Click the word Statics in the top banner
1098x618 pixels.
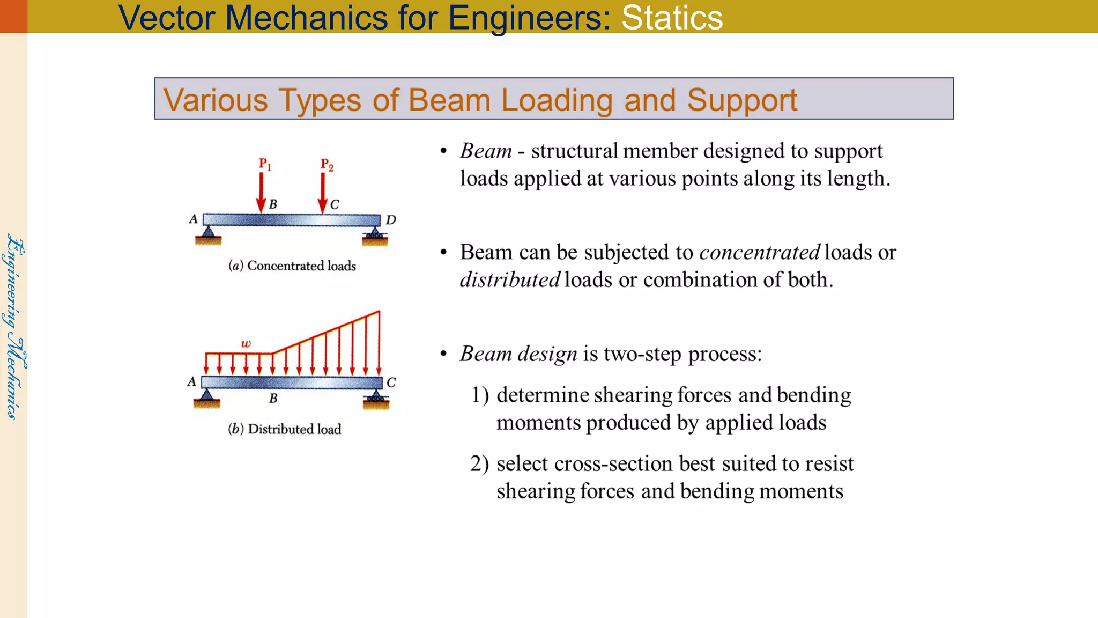672,17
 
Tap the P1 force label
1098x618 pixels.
265,164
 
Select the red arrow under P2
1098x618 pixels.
322,193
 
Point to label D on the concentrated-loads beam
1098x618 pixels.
391,220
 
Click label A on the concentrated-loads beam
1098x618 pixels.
194,219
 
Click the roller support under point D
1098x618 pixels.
375,236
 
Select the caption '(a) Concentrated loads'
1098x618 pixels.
292,266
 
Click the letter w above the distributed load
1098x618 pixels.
246,343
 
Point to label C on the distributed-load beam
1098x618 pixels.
391,382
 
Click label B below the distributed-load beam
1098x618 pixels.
273,398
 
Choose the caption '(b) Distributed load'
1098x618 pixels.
285,429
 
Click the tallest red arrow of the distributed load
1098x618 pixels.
379,343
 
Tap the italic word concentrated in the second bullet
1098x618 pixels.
760,252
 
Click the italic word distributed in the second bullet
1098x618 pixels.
510,279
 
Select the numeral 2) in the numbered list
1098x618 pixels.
479,464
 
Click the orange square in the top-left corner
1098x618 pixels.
13,16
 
